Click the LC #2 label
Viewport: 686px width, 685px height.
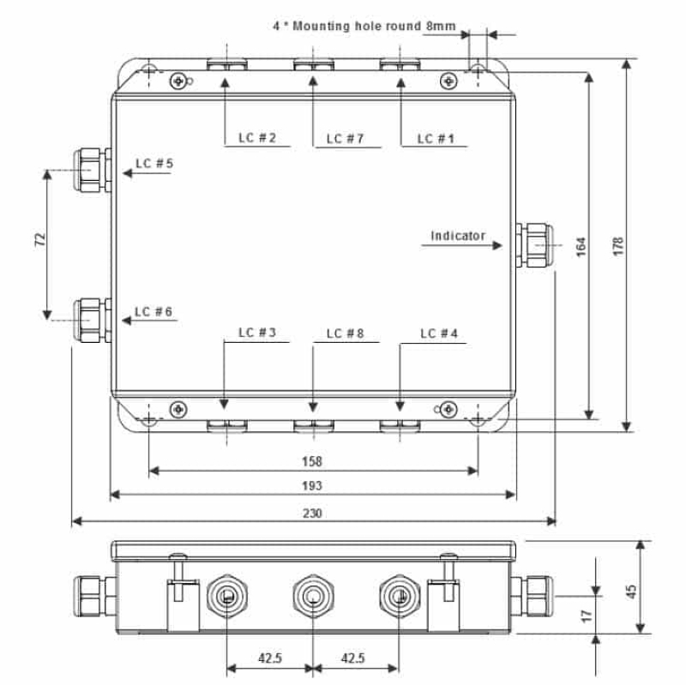click(256, 138)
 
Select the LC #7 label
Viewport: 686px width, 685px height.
click(346, 138)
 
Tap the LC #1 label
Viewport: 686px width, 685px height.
click(436, 138)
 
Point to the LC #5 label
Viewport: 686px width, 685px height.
click(153, 163)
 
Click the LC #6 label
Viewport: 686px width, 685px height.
click(153, 311)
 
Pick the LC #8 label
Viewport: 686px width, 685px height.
click(346, 333)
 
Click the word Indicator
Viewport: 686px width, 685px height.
click(458, 236)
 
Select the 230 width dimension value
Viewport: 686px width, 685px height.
click(312, 513)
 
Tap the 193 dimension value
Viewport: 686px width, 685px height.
click(312, 486)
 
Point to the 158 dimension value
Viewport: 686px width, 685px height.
click(312, 461)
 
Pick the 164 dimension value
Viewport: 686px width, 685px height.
click(580, 245)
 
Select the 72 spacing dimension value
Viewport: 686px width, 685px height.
click(39, 239)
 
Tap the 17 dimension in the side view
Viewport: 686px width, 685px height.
click(585, 616)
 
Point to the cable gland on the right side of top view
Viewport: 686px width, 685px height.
click(534, 245)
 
